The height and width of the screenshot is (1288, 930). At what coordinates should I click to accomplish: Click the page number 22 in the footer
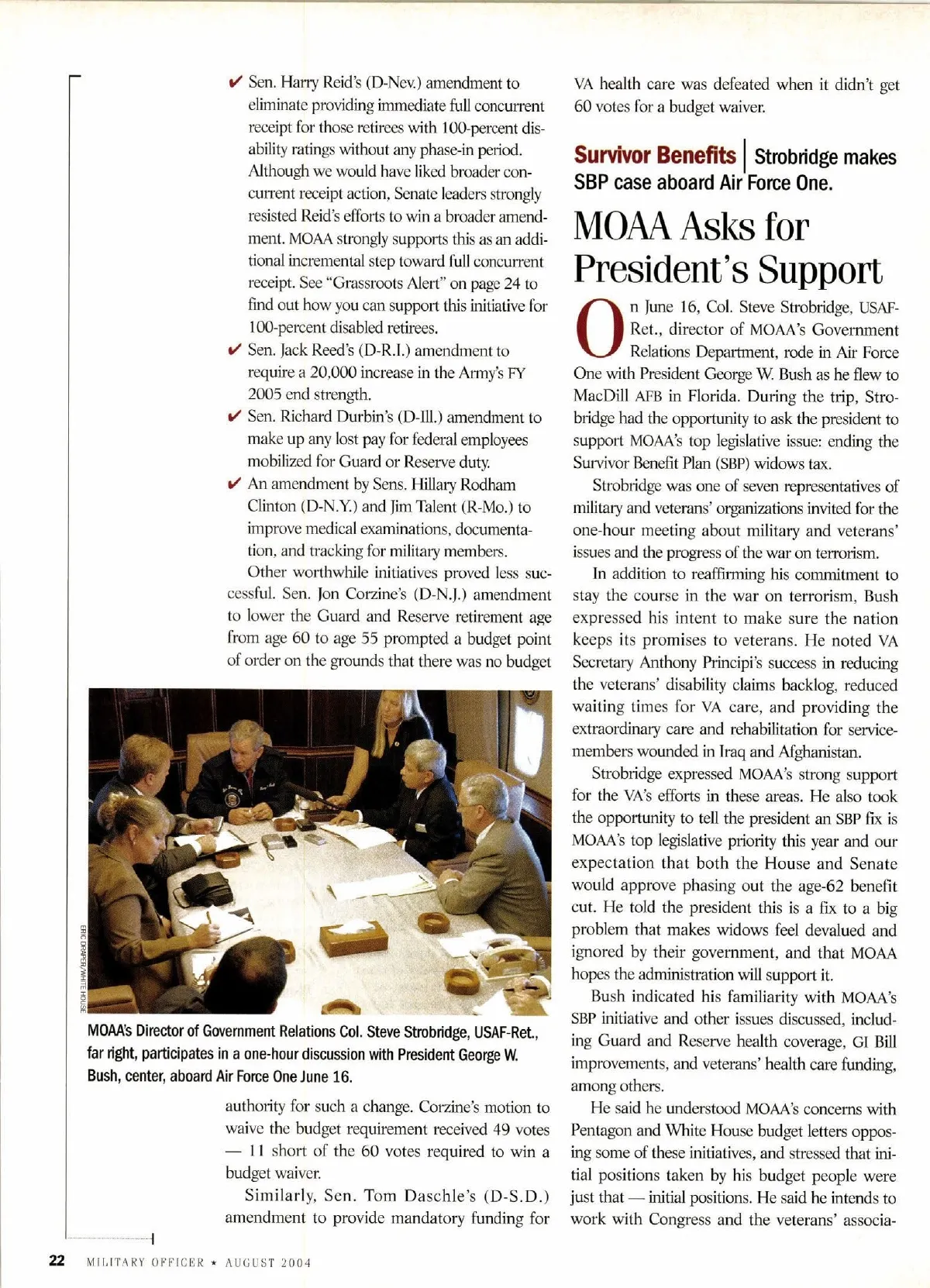(x=57, y=1260)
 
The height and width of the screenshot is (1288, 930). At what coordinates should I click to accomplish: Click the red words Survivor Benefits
(x=654, y=156)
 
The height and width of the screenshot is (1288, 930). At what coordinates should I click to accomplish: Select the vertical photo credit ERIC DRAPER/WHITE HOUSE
(x=82, y=968)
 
